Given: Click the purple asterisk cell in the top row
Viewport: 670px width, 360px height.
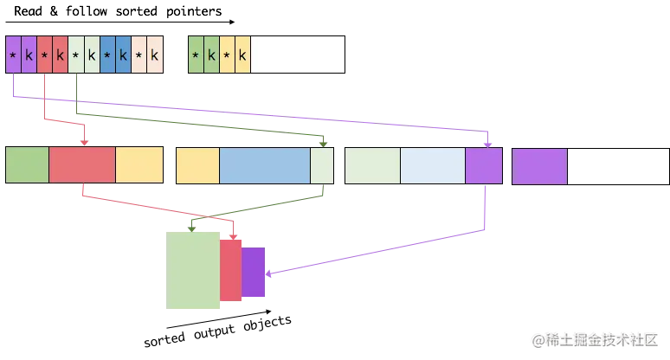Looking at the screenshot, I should point(13,56).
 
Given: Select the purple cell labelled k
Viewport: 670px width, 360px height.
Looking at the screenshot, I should point(29,56).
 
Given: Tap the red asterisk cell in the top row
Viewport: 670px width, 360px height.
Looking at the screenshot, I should point(44,56).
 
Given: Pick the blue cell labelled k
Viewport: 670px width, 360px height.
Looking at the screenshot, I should point(123,56).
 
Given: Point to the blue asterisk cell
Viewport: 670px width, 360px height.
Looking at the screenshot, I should point(107,56).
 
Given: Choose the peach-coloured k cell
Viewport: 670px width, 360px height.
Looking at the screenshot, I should point(155,56).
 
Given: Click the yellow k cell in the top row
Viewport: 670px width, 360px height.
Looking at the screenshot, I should point(242,56).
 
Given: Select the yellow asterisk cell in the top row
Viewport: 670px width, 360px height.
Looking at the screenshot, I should point(227,56).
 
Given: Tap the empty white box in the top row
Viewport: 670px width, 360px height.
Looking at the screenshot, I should point(298,56).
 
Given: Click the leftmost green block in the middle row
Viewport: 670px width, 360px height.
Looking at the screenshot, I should point(28,165).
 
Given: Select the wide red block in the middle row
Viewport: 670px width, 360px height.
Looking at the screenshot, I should point(82,165).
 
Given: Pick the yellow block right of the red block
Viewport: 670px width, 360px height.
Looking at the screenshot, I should point(139,165).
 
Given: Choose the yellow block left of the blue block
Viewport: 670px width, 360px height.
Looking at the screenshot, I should point(197,165).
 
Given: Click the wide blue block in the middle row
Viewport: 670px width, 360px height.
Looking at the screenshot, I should point(265,165).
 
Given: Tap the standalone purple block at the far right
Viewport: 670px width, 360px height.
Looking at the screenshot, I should point(539,165).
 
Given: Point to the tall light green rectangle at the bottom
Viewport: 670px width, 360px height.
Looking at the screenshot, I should point(194,270).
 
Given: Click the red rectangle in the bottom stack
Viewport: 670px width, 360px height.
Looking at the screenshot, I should point(230,270).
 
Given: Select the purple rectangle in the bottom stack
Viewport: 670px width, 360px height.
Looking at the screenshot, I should point(254,273).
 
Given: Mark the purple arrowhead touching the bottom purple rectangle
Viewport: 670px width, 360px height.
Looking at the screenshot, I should point(269,276).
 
